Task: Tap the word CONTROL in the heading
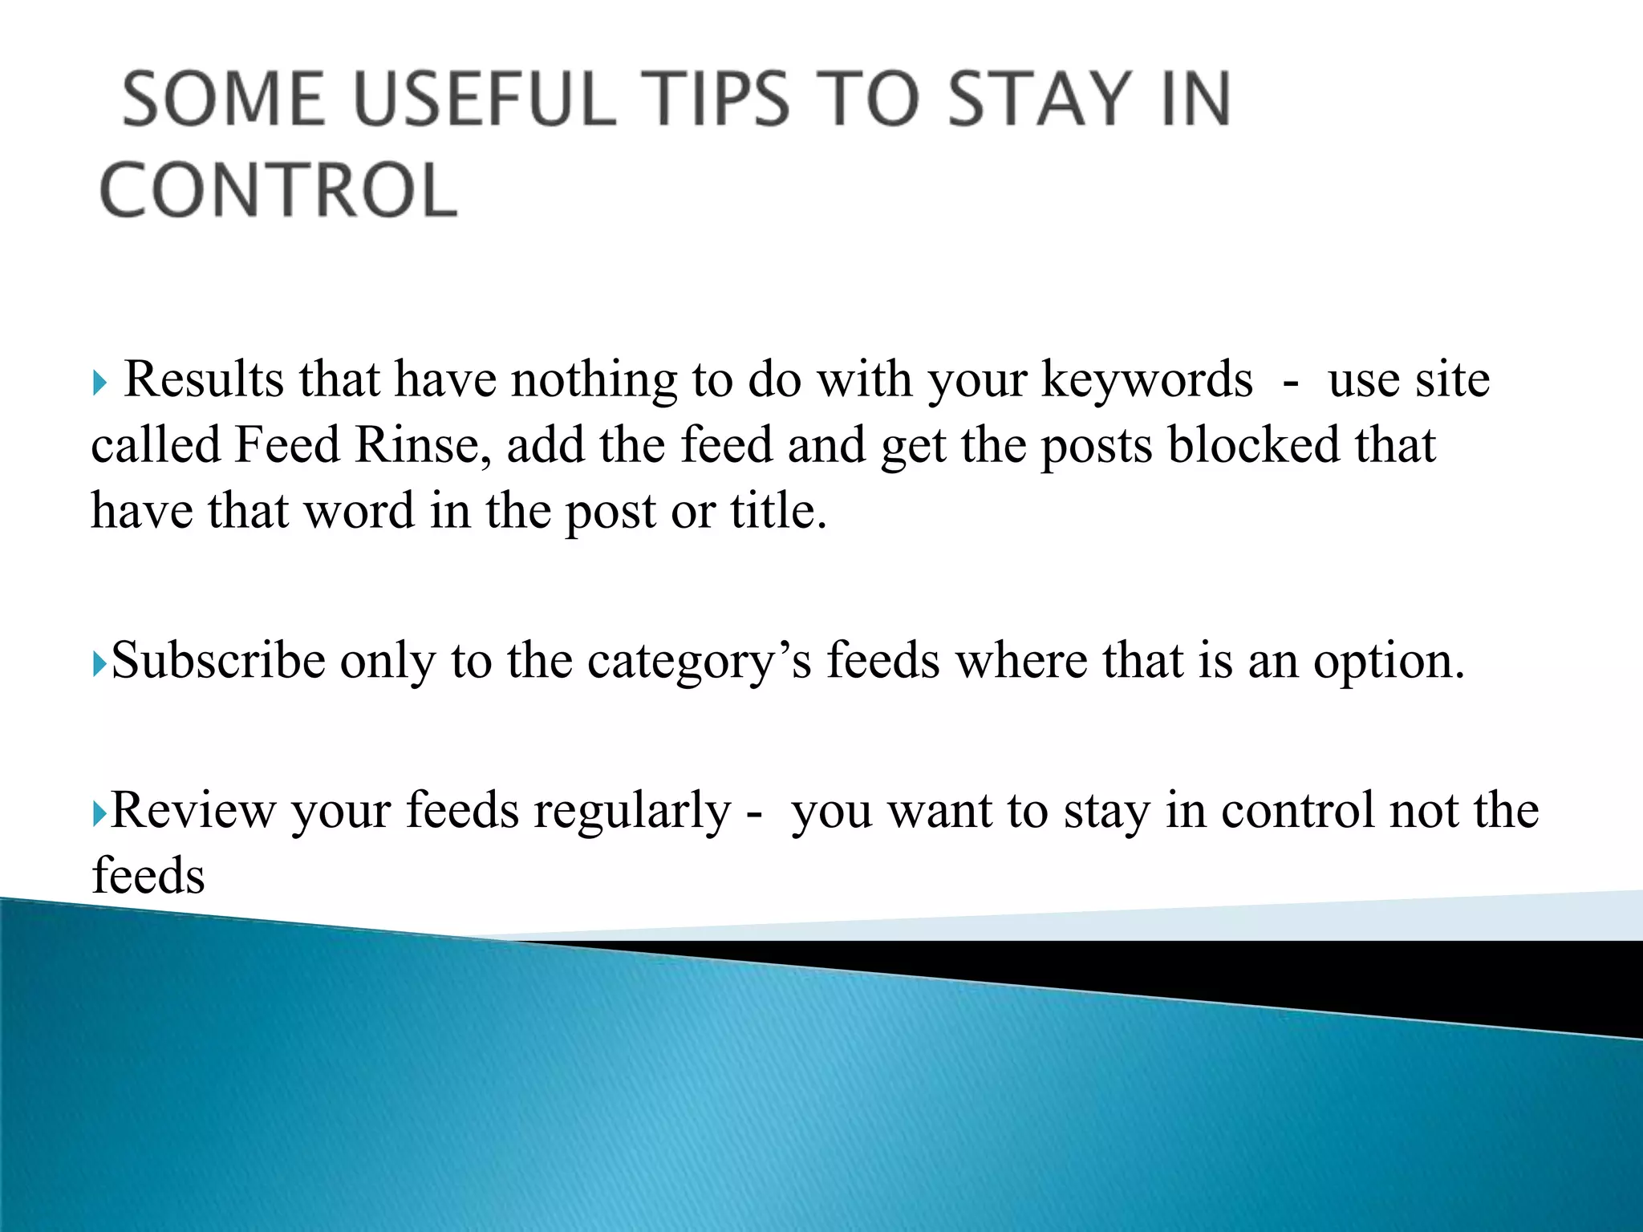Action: pyautogui.click(x=278, y=190)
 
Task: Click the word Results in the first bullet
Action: pyautogui.click(x=204, y=379)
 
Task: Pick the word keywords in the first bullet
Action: pyautogui.click(x=1146, y=380)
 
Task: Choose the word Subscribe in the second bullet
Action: pyautogui.click(x=218, y=661)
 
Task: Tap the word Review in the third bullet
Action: pyautogui.click(x=193, y=810)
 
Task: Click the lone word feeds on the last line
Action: pyautogui.click(x=148, y=875)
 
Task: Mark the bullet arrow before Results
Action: pyautogui.click(x=99, y=383)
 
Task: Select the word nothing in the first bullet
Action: pyautogui.click(x=594, y=380)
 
